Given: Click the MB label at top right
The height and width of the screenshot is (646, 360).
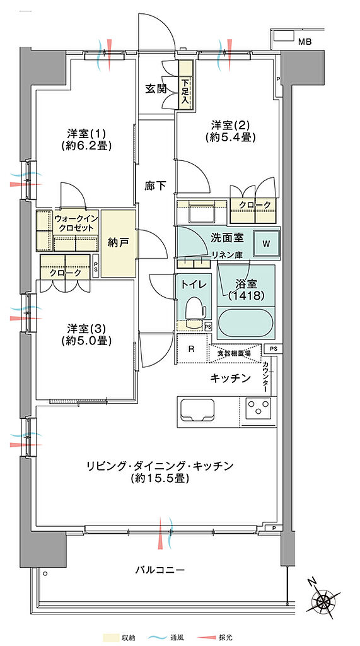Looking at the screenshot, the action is [305, 41].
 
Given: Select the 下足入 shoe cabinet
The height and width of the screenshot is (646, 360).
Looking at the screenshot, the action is [185, 85].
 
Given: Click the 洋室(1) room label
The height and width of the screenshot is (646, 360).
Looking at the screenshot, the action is [86, 134].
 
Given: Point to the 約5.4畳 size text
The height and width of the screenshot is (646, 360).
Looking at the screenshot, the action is [230, 137].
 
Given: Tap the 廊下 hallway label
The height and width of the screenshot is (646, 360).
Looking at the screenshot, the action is [155, 186].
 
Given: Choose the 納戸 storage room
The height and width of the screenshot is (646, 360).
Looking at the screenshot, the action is [119, 244].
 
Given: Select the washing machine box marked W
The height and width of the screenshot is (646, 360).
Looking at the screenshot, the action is [266, 244].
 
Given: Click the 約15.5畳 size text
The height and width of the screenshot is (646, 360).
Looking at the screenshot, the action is [160, 478].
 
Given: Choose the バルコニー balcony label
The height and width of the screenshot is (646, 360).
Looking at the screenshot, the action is [160, 570].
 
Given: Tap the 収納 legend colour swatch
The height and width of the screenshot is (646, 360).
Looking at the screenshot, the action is [111, 637].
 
